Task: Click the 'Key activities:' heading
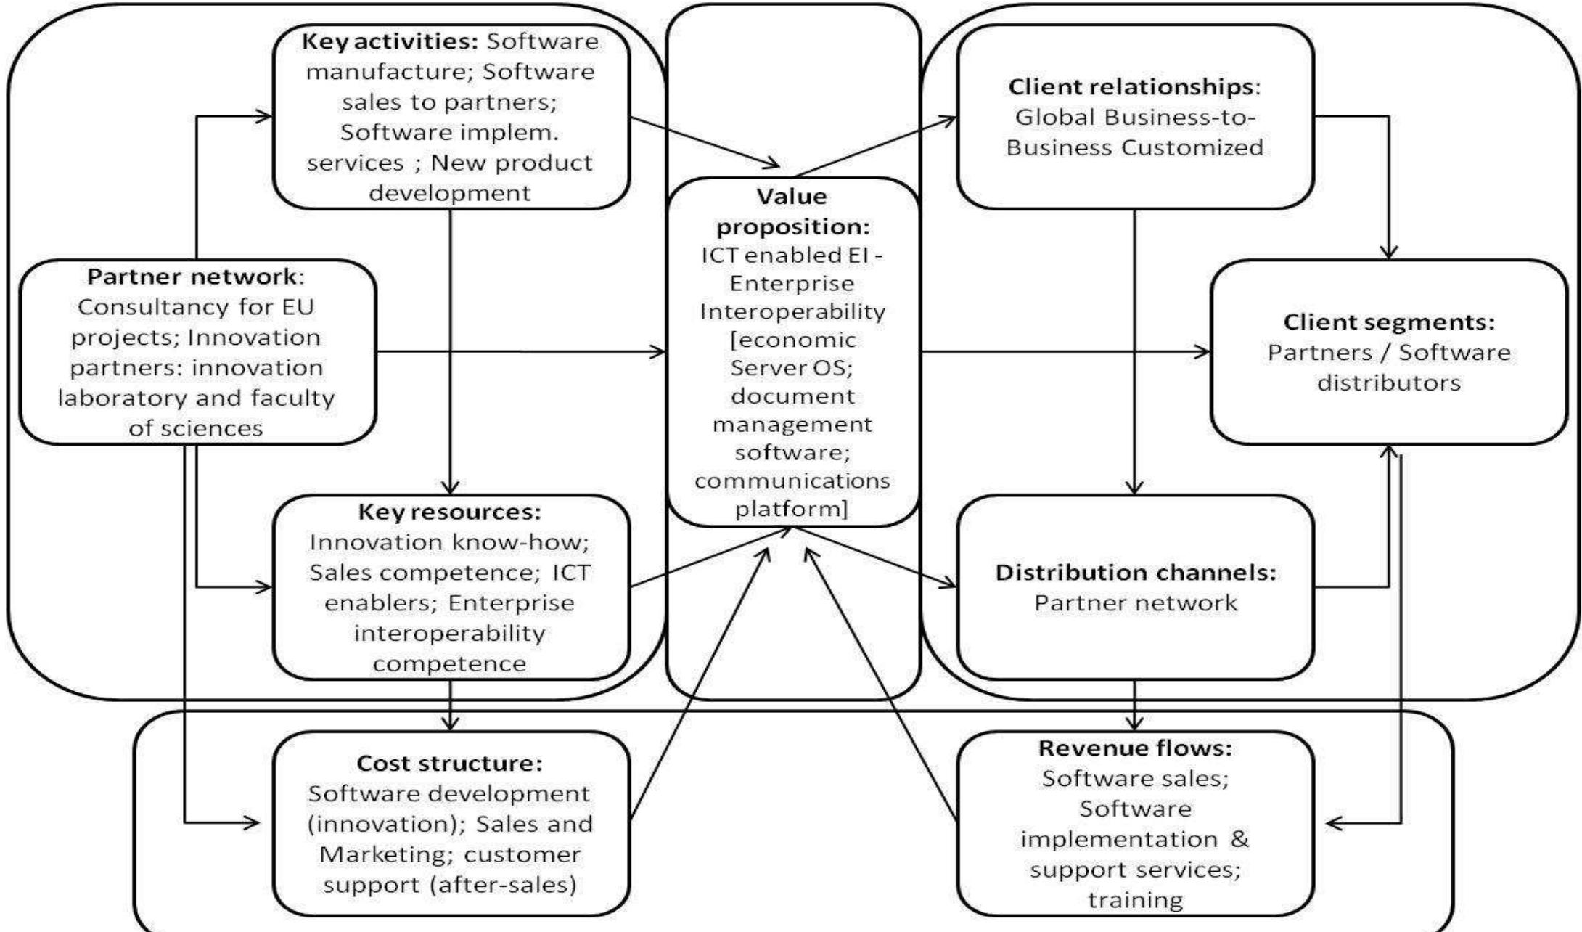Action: [390, 41]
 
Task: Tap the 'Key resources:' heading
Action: [450, 512]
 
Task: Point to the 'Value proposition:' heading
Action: [792, 211]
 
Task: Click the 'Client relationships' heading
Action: [1132, 87]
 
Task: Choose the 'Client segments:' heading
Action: [1388, 322]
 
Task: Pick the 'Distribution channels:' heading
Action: [1135, 572]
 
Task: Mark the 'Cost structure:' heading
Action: [450, 763]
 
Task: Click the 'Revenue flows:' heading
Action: [1135, 748]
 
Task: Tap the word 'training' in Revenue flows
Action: [1135, 900]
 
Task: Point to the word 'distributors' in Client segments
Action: [1388, 383]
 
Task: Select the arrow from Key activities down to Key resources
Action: [451, 348]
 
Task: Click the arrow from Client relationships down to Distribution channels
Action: [1134, 348]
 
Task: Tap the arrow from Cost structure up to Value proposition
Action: [700, 682]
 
